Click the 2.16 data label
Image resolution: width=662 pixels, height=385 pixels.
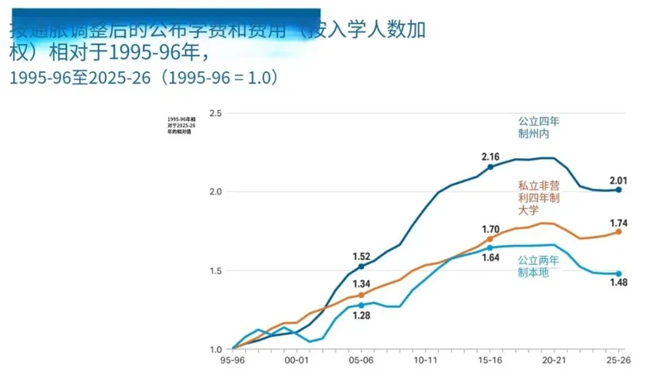click(491, 156)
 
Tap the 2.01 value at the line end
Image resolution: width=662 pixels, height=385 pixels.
click(618, 180)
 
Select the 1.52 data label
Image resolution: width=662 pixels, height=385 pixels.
click(362, 255)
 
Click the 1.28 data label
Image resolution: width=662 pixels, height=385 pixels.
click(361, 315)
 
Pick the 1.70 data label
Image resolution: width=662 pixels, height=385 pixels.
click(490, 229)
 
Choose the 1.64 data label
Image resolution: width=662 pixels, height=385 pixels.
click(490, 257)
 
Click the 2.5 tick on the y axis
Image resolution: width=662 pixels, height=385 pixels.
click(216, 113)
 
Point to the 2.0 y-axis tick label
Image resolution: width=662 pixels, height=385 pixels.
click(216, 192)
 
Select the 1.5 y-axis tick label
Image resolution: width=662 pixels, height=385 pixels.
click(216, 271)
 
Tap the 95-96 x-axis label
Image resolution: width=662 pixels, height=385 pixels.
click(233, 361)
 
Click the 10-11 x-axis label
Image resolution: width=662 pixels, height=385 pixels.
click(425, 361)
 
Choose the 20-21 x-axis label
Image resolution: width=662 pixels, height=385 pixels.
click(554, 361)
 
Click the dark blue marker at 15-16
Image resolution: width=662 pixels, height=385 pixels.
click(490, 167)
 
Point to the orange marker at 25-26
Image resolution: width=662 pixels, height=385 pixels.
click(618, 232)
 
